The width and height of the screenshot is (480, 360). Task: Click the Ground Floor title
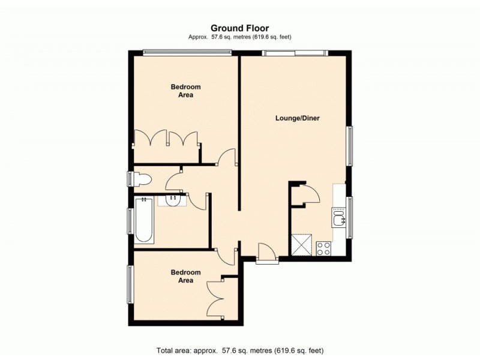pyautogui.click(x=239, y=28)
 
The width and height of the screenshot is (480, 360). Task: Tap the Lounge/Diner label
pyautogui.click(x=297, y=118)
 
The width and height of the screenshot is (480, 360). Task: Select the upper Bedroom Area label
pyautogui.click(x=185, y=91)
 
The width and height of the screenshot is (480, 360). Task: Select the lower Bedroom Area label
pyautogui.click(x=185, y=276)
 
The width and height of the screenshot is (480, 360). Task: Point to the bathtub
pyautogui.click(x=144, y=220)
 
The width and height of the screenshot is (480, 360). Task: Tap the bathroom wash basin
pyautogui.click(x=172, y=200)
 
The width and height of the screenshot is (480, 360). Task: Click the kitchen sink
pyautogui.click(x=339, y=217)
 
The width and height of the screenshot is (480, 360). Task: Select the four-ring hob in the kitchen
pyautogui.click(x=324, y=247)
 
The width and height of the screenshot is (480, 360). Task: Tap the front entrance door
pyautogui.click(x=266, y=254)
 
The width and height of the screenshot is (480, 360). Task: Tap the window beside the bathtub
pyautogui.click(x=129, y=220)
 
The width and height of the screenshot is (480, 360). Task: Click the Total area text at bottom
pyautogui.click(x=239, y=350)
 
